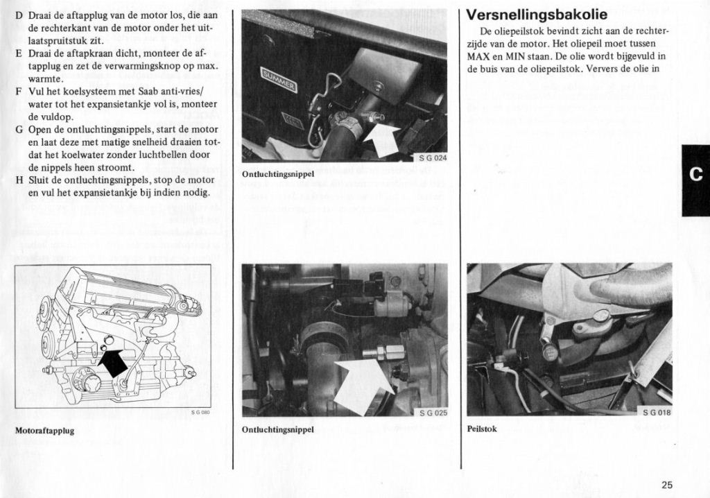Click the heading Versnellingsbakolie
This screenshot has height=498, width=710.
tap(537, 15)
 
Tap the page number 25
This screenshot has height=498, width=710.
tap(666, 486)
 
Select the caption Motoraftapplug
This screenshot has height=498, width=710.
tap(44, 431)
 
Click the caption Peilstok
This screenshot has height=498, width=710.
tap(482, 429)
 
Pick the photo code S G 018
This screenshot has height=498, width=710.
tap(656, 412)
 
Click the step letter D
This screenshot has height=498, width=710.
tap(19, 15)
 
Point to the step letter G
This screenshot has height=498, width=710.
tap(19, 130)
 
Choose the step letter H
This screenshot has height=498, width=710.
tap(19, 180)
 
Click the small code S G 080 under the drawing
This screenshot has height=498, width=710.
tap(200, 413)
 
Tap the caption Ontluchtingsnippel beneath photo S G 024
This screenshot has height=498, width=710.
tap(278, 173)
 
